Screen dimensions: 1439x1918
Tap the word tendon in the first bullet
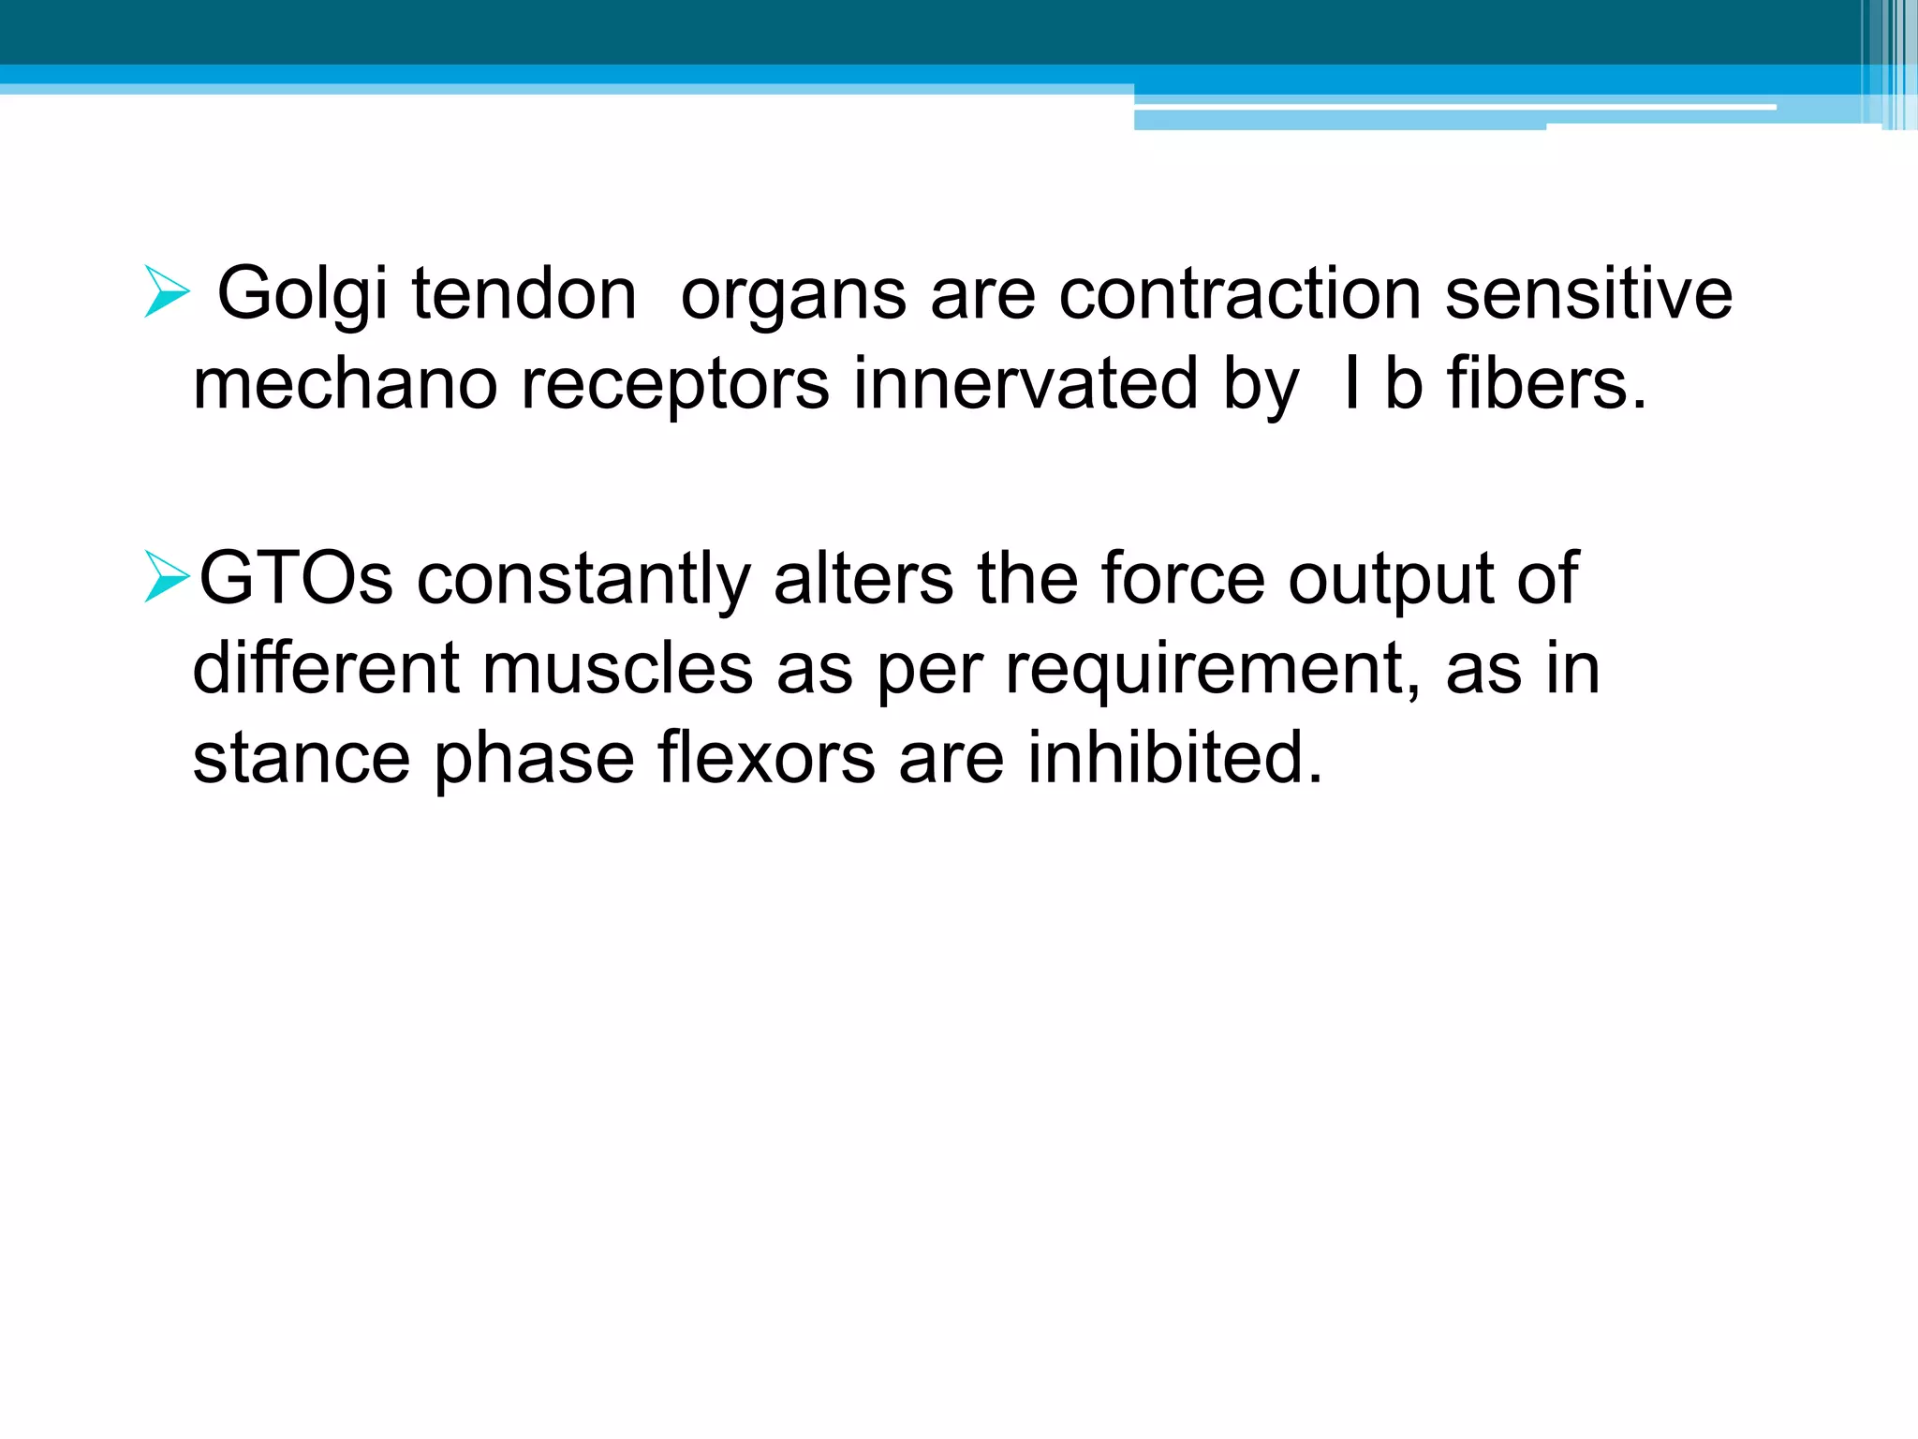524,294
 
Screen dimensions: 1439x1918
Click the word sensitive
1588,294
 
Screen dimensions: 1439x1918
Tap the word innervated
1025,383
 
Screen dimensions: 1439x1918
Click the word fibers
1545,383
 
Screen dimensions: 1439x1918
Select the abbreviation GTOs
296,578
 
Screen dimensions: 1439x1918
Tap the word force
1183,578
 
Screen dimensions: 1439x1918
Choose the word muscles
617,668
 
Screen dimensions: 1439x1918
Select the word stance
302,758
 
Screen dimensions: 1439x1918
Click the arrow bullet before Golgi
168,291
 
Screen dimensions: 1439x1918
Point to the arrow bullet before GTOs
168,576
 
